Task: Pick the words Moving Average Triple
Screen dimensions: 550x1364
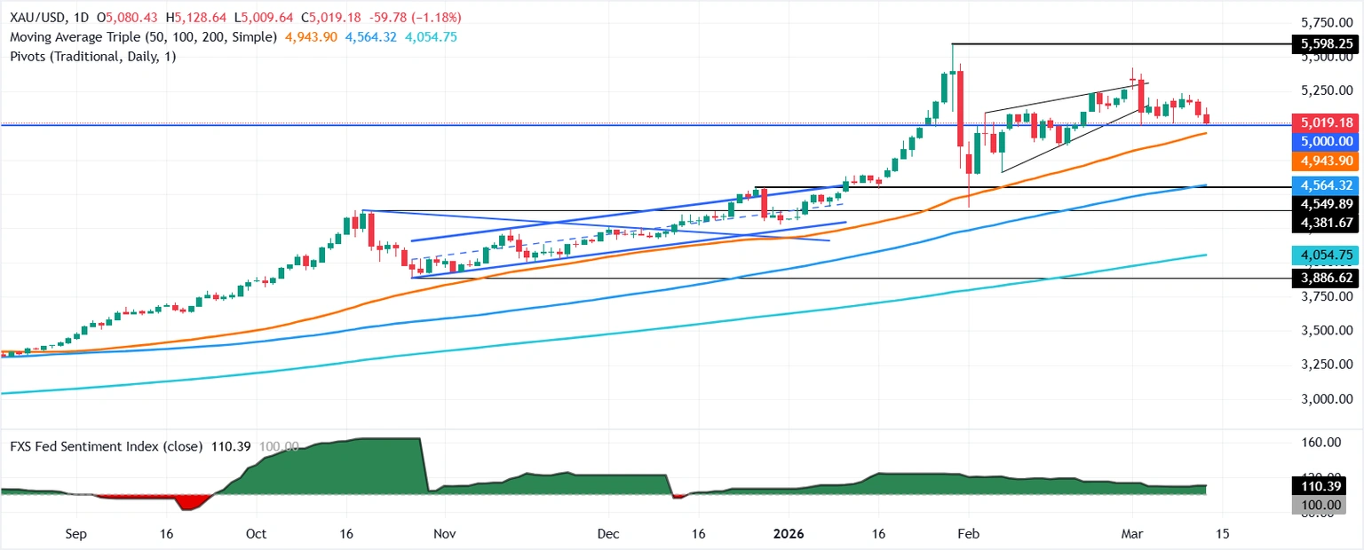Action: click(x=74, y=37)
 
